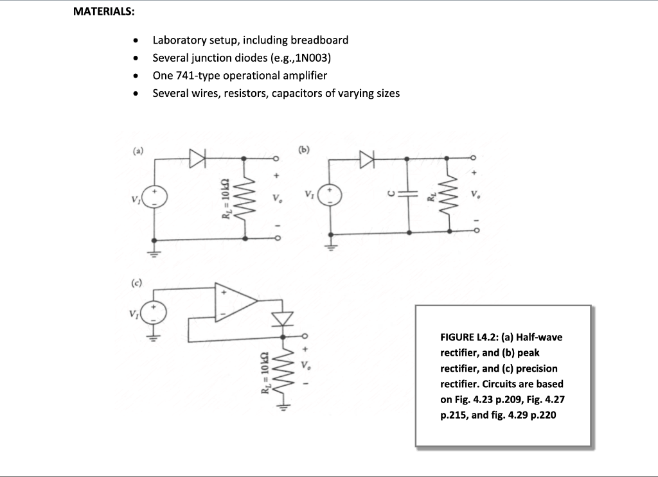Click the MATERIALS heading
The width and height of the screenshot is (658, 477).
tap(103, 12)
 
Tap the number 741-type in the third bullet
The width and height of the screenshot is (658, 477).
tap(197, 75)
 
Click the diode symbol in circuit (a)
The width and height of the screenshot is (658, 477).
tap(197, 157)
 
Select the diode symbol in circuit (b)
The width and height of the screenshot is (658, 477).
tap(367, 158)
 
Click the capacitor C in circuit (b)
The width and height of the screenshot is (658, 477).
tap(409, 194)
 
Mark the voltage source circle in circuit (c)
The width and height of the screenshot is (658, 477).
tap(155, 313)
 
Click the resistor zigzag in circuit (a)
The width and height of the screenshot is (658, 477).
tap(245, 198)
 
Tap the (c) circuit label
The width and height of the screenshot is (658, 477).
tap(138, 282)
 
